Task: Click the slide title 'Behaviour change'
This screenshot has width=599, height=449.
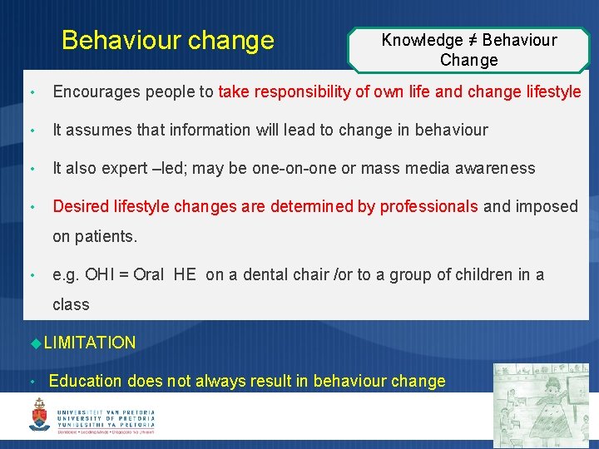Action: [167, 40]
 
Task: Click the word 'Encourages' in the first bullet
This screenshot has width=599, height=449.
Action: [92, 91]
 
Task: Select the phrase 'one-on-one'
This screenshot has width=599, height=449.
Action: [291, 168]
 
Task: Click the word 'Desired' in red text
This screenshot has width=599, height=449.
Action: [79, 206]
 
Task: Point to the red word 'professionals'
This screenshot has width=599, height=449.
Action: [428, 206]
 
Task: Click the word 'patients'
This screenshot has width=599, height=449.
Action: [105, 236]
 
